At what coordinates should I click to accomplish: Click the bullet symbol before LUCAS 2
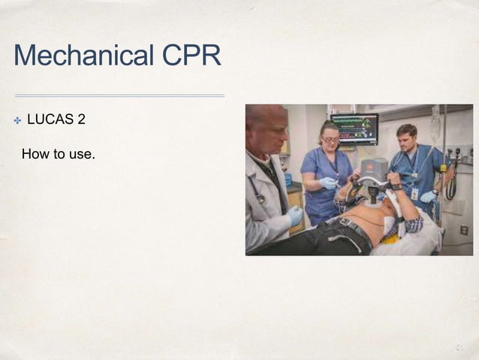tap(16, 120)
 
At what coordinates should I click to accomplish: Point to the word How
tap(35, 155)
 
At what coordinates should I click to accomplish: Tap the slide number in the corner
tap(459, 346)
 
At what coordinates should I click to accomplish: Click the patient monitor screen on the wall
tap(354, 129)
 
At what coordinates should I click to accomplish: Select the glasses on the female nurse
tap(330, 139)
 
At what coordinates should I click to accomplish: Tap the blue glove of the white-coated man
tap(295, 216)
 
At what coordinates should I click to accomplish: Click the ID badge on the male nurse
tap(414, 193)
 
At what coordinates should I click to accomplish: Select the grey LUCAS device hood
tap(373, 168)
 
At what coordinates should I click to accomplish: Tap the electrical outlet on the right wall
tap(463, 230)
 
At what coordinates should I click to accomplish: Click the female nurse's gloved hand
tap(329, 183)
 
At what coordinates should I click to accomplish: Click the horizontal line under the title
tap(119, 95)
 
